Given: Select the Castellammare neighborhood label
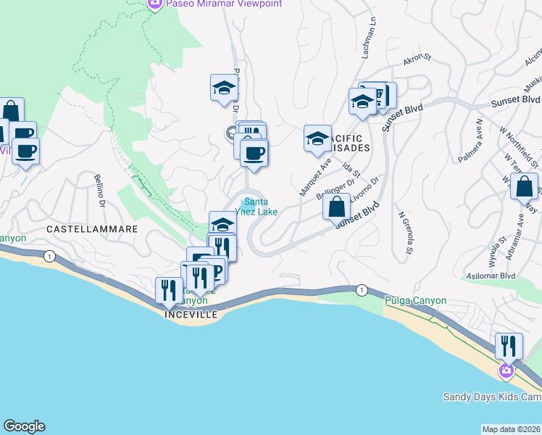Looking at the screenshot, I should pos(92,228).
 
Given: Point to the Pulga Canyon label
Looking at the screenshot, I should pos(416,300).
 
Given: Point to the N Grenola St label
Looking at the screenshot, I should pos(406,233).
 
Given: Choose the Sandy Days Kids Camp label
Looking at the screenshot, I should pos(492,397).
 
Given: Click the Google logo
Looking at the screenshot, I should pos(24,426).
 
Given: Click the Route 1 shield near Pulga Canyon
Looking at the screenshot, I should pos(361,290).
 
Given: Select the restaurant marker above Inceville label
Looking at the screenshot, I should pos(169,290).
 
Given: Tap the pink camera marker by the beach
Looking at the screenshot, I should pos(506,371).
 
